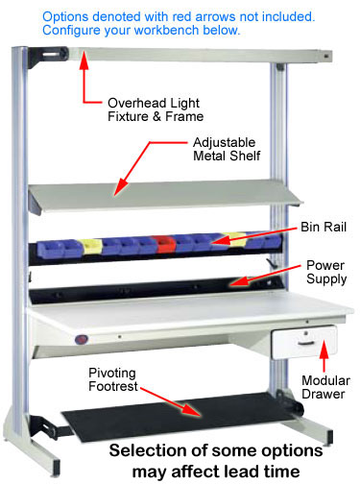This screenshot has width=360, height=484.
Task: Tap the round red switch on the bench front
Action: pyautogui.click(x=81, y=338)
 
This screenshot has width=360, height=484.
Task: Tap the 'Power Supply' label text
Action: pyautogui.click(x=327, y=273)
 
